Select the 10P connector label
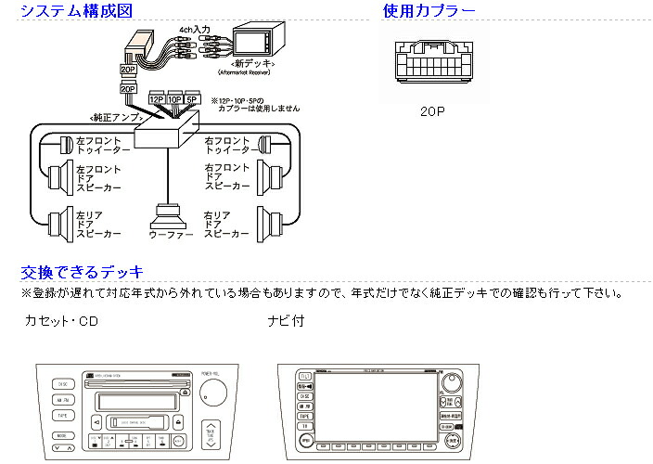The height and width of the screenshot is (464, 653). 174,98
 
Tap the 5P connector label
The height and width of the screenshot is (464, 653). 192,98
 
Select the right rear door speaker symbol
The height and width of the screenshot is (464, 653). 272,222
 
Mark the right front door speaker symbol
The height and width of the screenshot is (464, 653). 271,174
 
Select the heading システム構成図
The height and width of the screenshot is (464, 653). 76,11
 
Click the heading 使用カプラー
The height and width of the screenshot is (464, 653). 429,11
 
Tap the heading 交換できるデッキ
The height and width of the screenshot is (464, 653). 82,272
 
